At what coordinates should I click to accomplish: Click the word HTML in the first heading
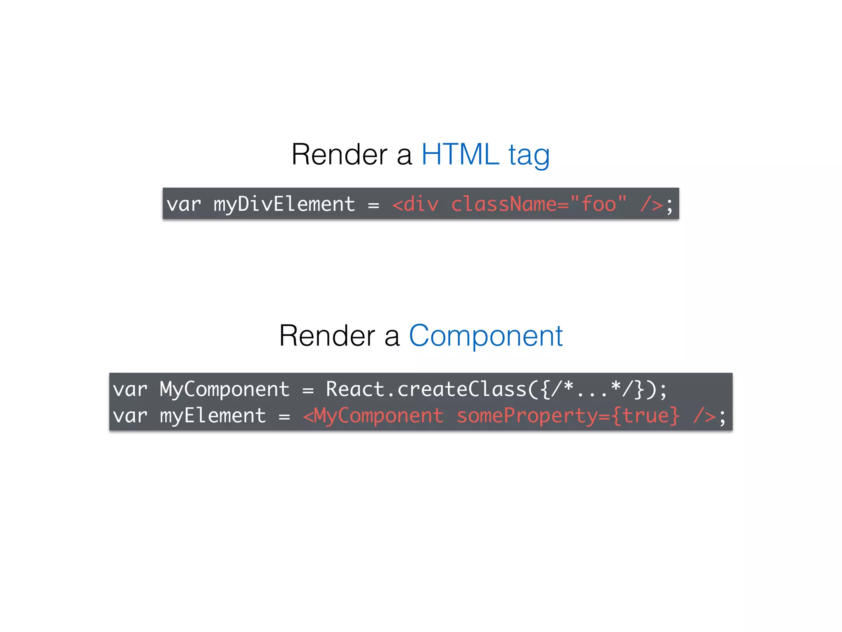[x=460, y=155]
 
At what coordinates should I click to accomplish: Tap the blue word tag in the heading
[x=529, y=156]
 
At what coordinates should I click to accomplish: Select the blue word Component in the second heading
[x=486, y=336]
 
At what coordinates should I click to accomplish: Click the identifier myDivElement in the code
[x=284, y=204]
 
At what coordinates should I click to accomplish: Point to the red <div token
[x=415, y=204]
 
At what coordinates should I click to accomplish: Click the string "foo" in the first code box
[x=598, y=203]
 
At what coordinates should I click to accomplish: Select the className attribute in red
[x=510, y=204]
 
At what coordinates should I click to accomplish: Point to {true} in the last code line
[x=645, y=416]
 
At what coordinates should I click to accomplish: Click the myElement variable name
[x=213, y=416]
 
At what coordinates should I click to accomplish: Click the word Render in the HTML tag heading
[x=339, y=155]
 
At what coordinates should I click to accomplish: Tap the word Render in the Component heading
[x=327, y=336]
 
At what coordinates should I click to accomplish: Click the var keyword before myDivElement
[x=183, y=204]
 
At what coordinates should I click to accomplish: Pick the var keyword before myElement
[x=130, y=416]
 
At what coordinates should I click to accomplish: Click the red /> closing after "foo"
[x=651, y=204]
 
